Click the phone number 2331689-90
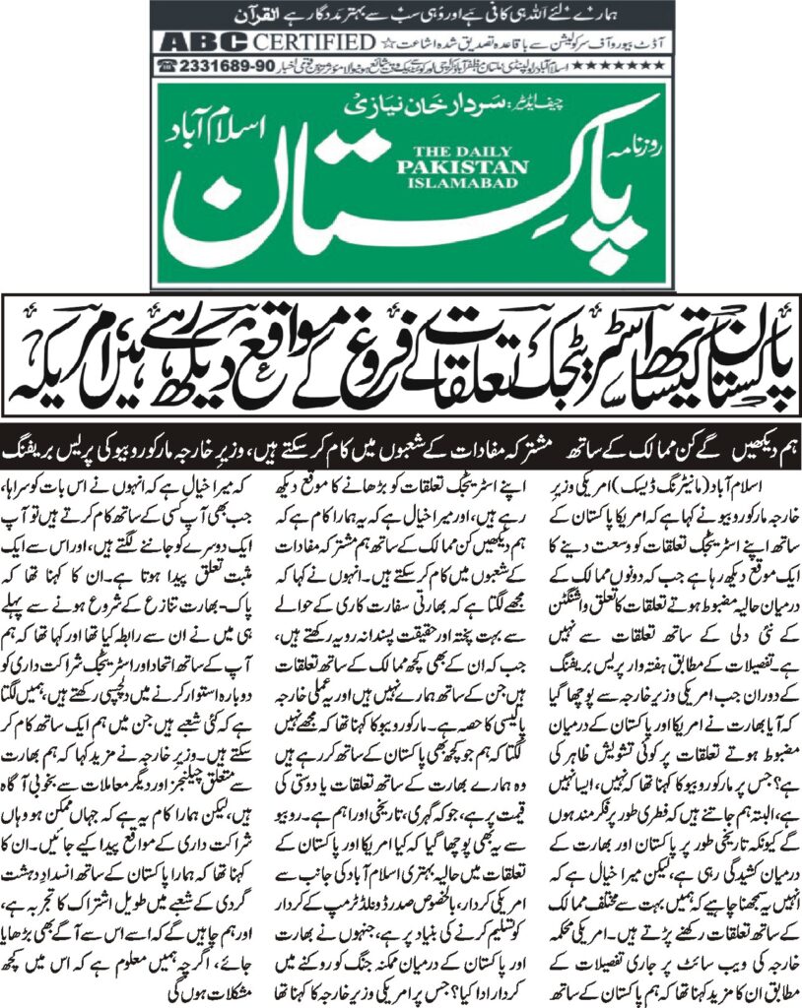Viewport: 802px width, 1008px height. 218,65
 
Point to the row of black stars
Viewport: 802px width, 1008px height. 608,65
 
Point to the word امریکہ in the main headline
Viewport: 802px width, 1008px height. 59,368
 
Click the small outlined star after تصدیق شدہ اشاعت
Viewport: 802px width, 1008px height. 386,42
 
